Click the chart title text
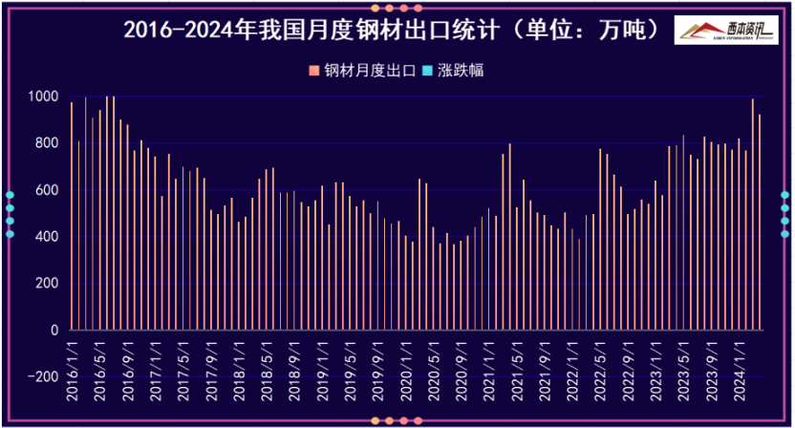(392, 30)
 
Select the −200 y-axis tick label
(42, 377)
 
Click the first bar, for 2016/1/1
(72, 215)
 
